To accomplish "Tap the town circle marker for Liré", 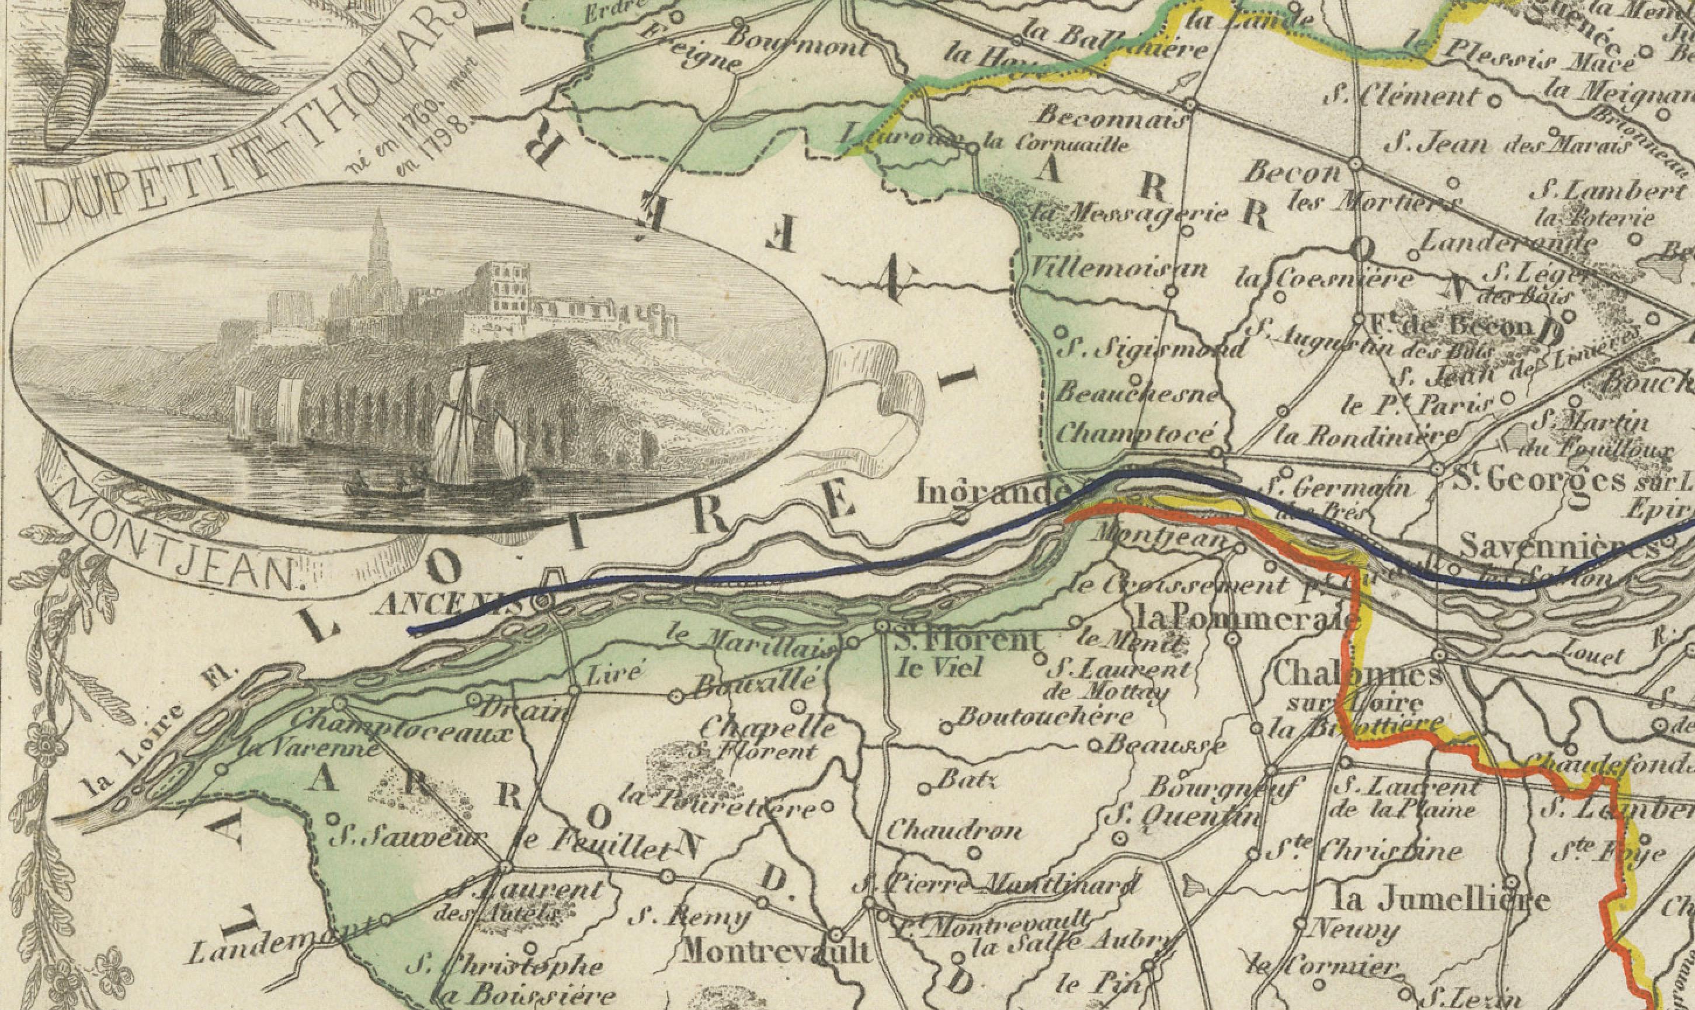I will tap(574, 690).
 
